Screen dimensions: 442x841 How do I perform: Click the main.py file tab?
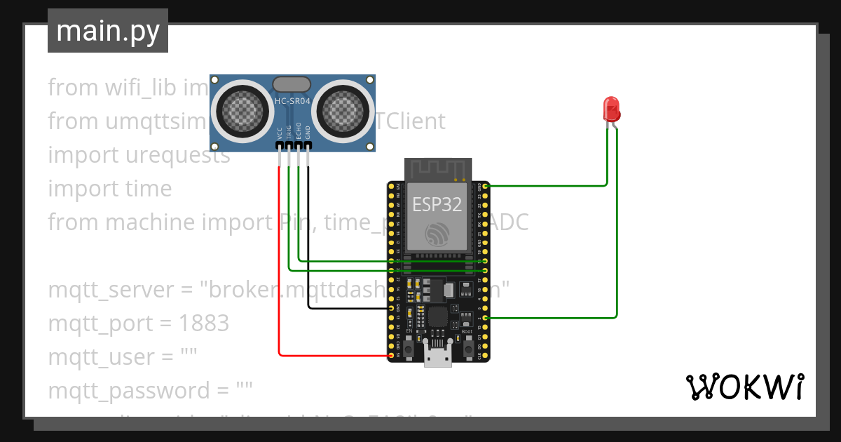[107, 31]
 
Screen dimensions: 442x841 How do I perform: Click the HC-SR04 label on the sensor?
[292, 102]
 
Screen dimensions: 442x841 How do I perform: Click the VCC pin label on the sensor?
[280, 133]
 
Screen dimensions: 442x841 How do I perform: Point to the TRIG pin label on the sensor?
[289, 133]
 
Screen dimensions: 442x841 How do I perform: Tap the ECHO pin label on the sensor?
[298, 133]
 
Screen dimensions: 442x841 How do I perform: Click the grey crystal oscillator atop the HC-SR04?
[292, 84]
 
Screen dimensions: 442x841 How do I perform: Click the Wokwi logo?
[744, 387]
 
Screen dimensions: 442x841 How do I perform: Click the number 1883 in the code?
[204, 323]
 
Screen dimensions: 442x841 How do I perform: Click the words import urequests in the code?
[139, 155]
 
